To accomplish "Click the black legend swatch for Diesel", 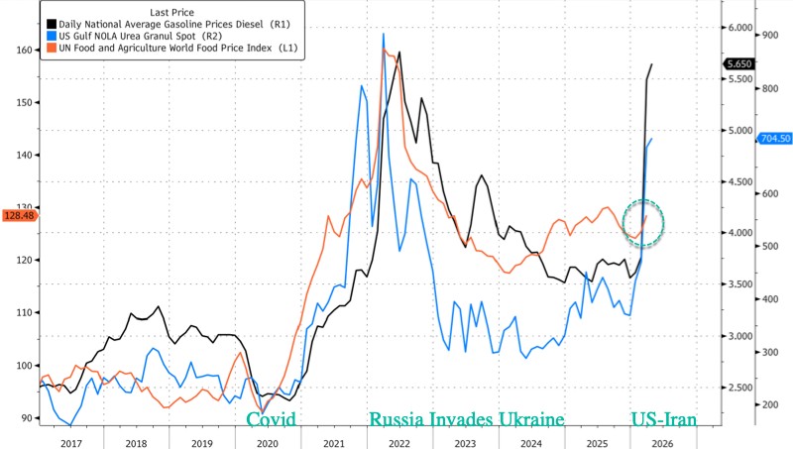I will tap(51, 21).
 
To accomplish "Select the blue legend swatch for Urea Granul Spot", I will tap(51, 34).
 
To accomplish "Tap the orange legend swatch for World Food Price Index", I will tap(51, 47).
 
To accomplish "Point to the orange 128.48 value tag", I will tap(20, 215).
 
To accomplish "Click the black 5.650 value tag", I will tap(740, 63).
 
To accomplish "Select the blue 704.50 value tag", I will tap(773, 139).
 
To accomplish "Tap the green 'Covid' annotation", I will tap(271, 419).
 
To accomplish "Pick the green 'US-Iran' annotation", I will tap(664, 419).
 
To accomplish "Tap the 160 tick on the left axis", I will tap(22, 50).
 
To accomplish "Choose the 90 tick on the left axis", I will tap(25, 418).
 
